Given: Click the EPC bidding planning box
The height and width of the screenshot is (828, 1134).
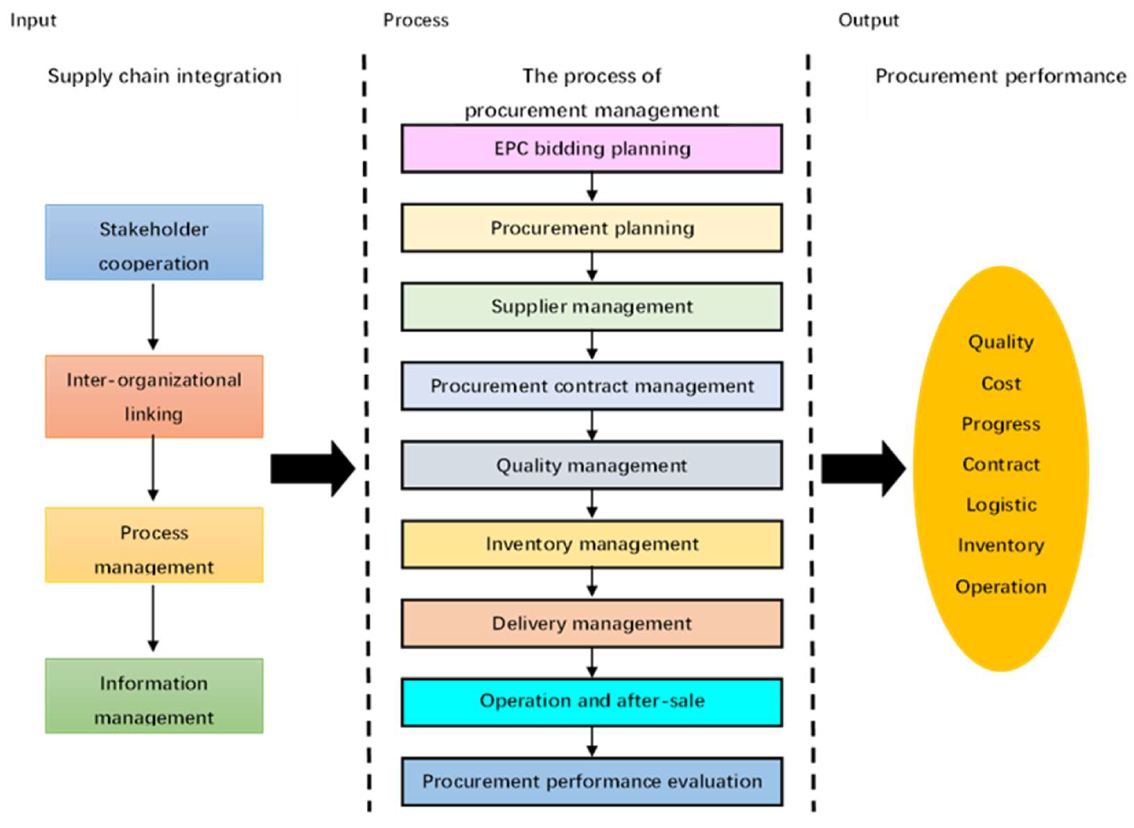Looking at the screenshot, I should tap(591, 149).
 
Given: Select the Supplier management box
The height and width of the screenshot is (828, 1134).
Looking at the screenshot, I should tap(591, 307).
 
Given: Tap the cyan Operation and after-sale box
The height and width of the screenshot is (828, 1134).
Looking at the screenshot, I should tap(591, 702).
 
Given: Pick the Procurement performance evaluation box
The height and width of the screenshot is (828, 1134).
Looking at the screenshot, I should tap(591, 781).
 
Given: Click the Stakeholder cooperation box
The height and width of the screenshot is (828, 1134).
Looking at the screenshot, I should tap(154, 243).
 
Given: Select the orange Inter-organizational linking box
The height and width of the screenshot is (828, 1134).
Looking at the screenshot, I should tap(154, 397).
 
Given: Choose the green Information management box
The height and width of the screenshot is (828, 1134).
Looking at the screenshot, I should tap(154, 696).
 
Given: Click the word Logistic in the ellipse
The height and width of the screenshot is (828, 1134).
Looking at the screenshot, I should tap(1001, 505).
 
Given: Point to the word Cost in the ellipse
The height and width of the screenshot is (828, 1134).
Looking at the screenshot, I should tap(1001, 383).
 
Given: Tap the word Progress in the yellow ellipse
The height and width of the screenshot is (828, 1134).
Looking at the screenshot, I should tap(1001, 424).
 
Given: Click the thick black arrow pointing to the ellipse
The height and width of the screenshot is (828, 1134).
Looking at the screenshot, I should tap(863, 469).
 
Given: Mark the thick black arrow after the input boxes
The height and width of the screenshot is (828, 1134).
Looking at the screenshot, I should tap(312, 469).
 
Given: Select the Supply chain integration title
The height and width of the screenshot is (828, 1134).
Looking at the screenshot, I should tap(165, 76).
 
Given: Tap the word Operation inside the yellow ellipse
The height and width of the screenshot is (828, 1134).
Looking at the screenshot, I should tap(1001, 586).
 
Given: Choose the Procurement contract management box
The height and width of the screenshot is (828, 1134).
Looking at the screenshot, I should tap(591, 386).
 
